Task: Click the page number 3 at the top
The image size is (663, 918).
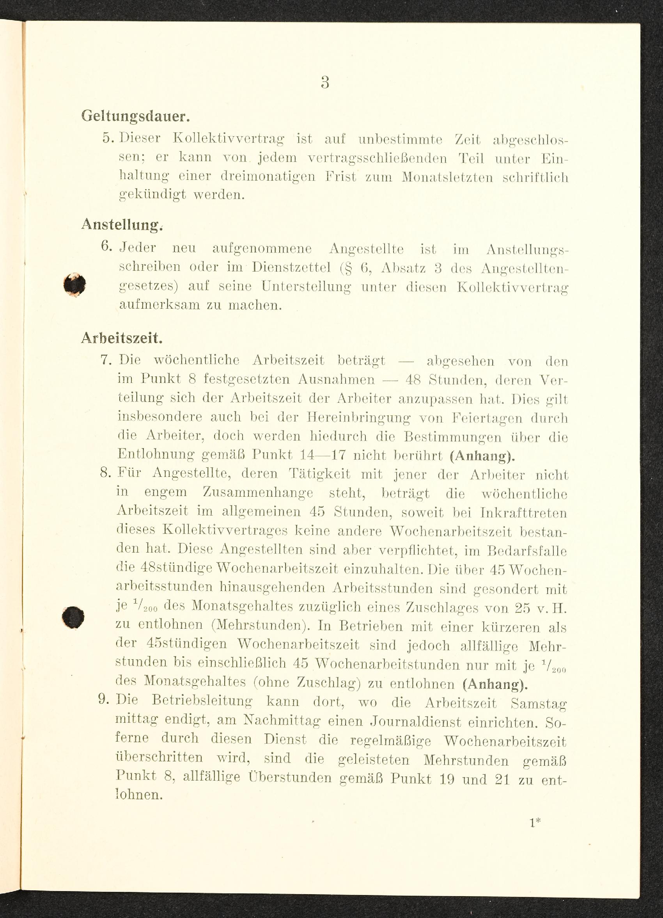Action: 325,83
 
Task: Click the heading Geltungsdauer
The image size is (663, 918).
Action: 135,117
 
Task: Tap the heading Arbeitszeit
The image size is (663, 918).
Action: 122,338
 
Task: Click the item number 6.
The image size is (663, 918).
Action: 106,246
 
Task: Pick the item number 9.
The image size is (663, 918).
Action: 105,699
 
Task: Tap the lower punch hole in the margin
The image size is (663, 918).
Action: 73,617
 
